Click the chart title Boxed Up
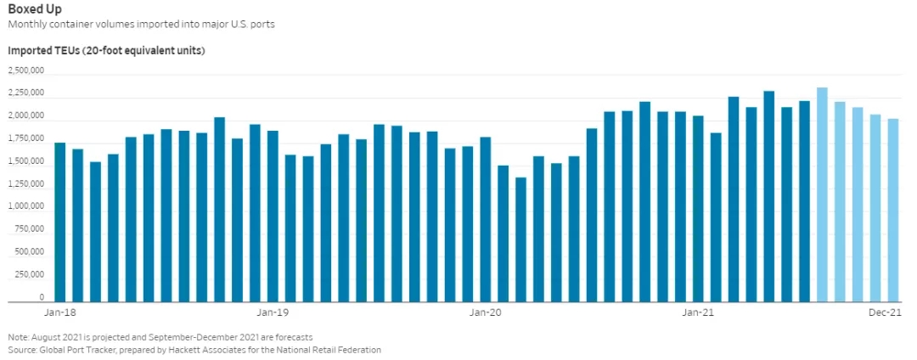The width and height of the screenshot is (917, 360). point(35,9)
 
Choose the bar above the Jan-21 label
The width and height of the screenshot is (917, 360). point(698,209)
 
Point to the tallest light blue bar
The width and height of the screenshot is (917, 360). point(822,194)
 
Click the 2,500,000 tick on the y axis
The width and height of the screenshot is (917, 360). point(28,70)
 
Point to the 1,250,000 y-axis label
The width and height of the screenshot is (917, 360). point(28,183)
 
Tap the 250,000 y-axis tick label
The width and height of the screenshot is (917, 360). point(31,275)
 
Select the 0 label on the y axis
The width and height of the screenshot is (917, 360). point(41,298)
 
